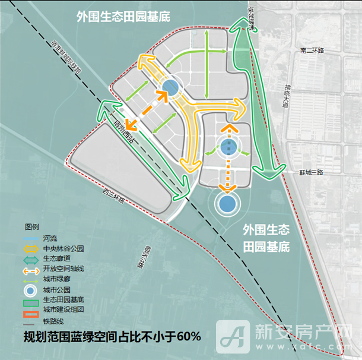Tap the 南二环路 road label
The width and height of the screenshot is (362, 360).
click(x=313, y=50)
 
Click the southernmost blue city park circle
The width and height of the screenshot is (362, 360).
click(x=226, y=204)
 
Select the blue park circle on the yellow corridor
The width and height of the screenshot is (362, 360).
click(x=170, y=88)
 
